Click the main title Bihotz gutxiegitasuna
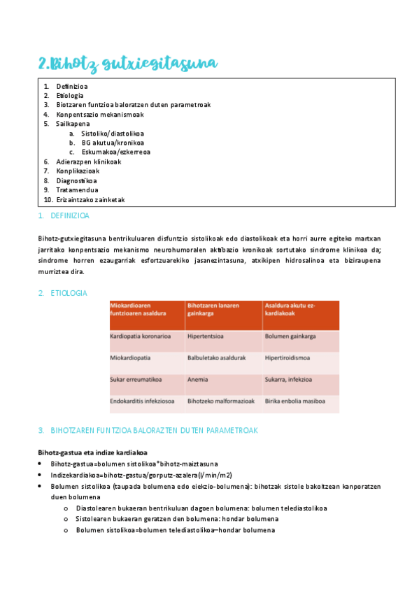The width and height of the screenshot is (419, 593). pyautogui.click(x=128, y=64)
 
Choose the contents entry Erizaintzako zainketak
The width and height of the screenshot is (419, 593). pyautogui.click(x=90, y=199)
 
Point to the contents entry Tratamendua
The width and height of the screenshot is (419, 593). pyautogui.click(x=77, y=190)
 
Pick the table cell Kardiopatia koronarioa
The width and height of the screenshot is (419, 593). pyautogui.click(x=141, y=336)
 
